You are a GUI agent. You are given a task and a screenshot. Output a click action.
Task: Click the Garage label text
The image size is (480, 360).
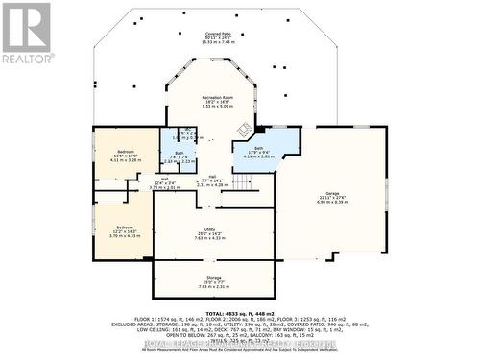pyautogui.click(x=331, y=193)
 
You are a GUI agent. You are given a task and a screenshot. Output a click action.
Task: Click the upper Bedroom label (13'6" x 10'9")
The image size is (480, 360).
pyautogui.click(x=126, y=151)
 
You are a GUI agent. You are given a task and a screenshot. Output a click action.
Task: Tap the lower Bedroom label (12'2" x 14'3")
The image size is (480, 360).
pyautogui.click(x=124, y=228)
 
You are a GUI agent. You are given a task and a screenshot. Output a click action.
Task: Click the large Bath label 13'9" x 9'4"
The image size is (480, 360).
pyautogui.click(x=254, y=148)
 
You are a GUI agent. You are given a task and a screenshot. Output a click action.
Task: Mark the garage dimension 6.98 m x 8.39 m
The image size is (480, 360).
pyautogui.click(x=331, y=204)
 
